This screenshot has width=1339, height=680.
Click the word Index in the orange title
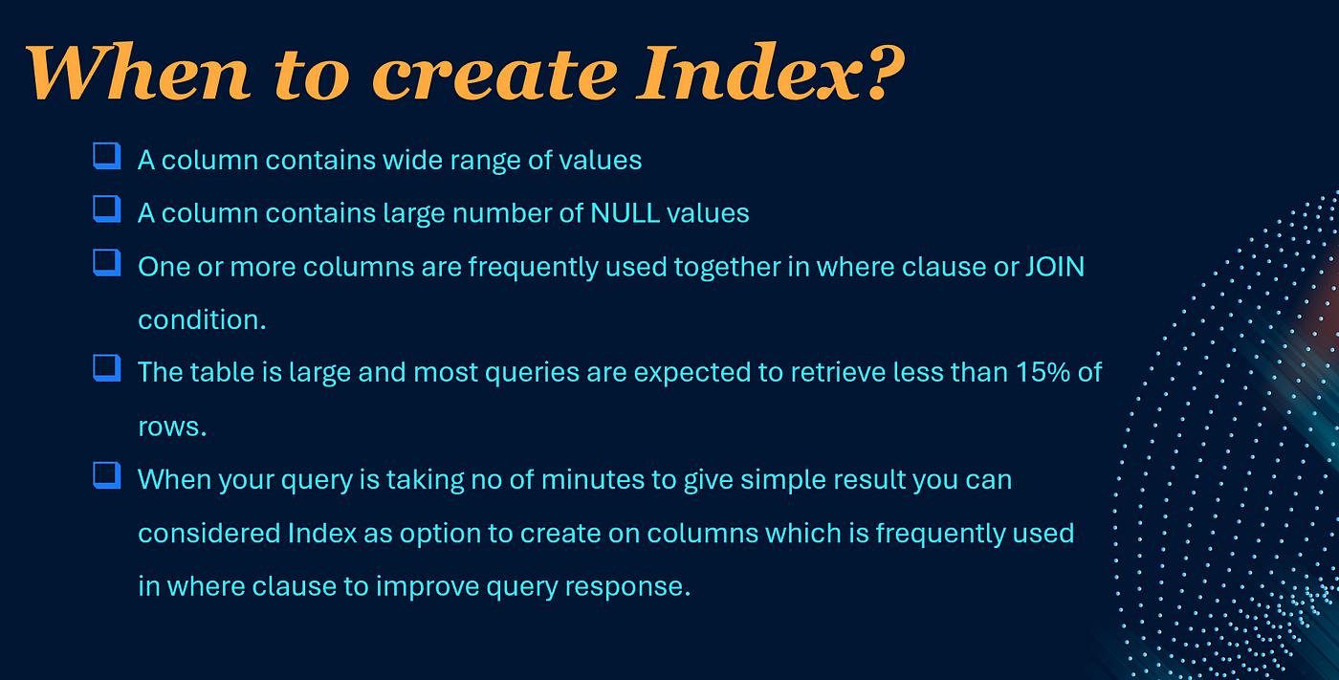pyautogui.click(x=750, y=73)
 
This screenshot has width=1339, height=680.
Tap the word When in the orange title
pyautogui.click(x=138, y=72)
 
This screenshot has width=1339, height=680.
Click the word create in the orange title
pyautogui.click(x=495, y=76)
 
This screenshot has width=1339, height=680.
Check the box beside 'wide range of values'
pyautogui.click(x=107, y=156)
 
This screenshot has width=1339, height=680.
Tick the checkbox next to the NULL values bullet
pyautogui.click(x=107, y=209)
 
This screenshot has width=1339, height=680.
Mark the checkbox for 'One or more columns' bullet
pyautogui.click(x=107, y=263)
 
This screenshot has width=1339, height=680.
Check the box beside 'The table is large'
pyautogui.click(x=107, y=368)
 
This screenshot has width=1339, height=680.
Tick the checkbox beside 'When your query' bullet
pyautogui.click(x=107, y=475)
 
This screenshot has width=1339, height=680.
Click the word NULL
pyautogui.click(x=625, y=213)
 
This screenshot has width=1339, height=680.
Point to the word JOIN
pyautogui.click(x=1055, y=267)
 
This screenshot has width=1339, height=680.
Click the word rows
pyautogui.click(x=172, y=428)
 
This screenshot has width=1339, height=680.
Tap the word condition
pyautogui.click(x=202, y=319)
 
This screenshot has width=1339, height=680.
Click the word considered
pyautogui.click(x=209, y=533)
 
